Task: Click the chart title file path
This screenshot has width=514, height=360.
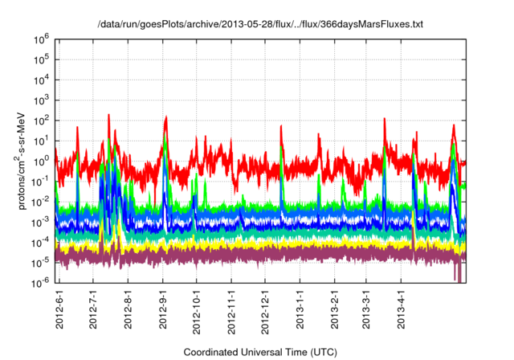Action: point(259,25)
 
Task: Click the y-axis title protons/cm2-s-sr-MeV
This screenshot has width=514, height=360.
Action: point(24,161)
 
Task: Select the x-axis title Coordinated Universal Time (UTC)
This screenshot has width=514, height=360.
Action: point(259,352)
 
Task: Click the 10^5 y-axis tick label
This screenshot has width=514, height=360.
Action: point(43,59)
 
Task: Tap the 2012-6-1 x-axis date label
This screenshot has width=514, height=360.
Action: point(61,309)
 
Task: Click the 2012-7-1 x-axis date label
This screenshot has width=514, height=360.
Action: point(95,309)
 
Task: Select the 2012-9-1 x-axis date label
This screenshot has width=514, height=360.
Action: point(164,309)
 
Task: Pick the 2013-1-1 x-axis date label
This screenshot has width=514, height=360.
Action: point(299,309)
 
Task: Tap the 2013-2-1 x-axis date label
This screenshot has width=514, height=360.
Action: point(333,309)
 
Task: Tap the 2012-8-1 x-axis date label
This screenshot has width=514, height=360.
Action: point(129,309)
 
